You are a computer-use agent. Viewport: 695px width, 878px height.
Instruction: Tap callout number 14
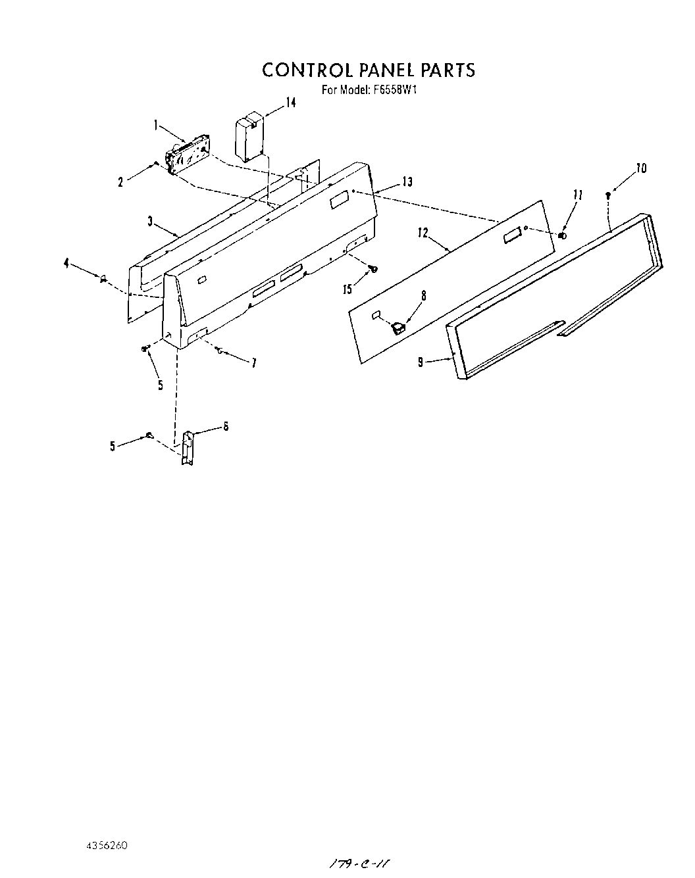click(290, 103)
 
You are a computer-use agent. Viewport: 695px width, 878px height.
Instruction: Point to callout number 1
click(155, 124)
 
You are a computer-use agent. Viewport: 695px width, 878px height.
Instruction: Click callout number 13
click(407, 182)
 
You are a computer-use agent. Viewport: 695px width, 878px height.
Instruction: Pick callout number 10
click(641, 169)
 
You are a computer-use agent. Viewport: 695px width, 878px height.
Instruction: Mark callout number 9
click(420, 362)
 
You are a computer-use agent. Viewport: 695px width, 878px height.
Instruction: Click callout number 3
click(151, 222)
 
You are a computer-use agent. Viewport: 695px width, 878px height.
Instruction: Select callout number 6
click(226, 426)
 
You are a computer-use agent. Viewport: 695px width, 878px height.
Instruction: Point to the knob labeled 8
click(398, 326)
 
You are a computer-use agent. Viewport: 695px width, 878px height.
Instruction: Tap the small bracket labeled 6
click(187, 448)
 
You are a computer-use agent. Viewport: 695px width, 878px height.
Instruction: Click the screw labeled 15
click(373, 268)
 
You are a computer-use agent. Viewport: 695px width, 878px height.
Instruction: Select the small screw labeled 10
click(608, 195)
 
